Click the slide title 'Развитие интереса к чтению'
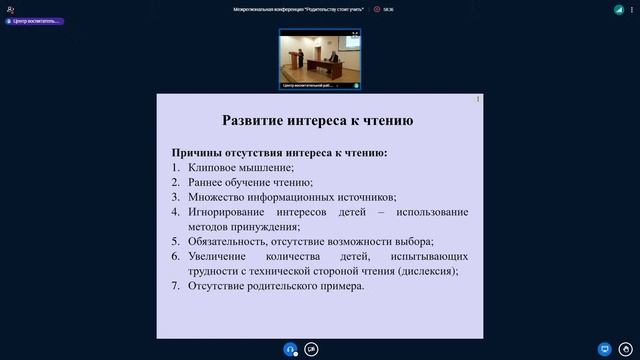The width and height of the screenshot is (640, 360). (318, 121)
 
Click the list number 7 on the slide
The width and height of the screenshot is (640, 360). (175, 286)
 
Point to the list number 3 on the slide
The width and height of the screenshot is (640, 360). (175, 198)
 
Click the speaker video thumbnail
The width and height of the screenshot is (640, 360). (320, 59)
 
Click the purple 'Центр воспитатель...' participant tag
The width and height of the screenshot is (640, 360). (34, 20)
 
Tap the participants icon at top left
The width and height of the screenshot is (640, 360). (10, 8)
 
